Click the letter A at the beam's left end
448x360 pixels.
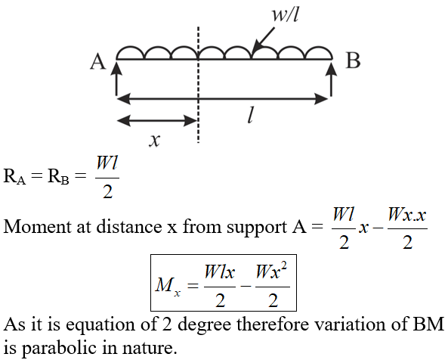point(98,62)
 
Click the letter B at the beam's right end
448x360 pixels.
point(353,61)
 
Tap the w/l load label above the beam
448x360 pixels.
point(285,14)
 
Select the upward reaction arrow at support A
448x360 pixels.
point(116,79)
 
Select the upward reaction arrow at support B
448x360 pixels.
point(331,79)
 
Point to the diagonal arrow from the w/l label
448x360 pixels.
point(264,40)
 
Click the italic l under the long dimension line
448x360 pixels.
point(250,116)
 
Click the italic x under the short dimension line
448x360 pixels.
point(155,141)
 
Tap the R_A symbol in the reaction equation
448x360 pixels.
point(14,176)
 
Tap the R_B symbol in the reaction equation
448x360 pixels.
point(58,176)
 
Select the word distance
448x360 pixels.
point(129,227)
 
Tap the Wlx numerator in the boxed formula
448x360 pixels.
point(219,272)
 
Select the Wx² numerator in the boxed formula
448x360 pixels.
point(271,271)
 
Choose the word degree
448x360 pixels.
point(205,325)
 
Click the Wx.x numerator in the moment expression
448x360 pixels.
point(407,215)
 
